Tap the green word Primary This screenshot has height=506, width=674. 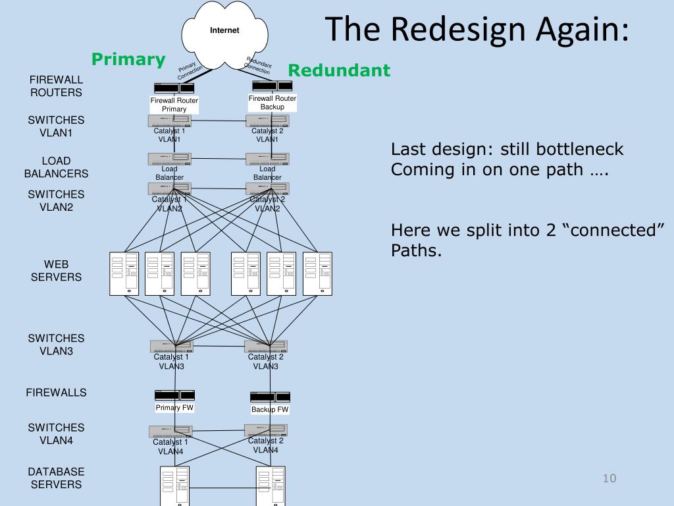click(x=128, y=59)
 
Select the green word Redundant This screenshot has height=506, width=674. click(x=339, y=70)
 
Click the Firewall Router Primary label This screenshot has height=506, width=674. click(x=174, y=105)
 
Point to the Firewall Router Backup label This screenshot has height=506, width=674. click(x=272, y=102)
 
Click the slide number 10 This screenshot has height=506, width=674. click(x=609, y=478)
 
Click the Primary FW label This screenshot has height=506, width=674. click(x=174, y=407)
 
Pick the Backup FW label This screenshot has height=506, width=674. click(x=270, y=409)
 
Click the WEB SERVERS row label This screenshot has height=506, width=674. click(x=57, y=271)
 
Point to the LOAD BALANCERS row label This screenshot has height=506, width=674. click(x=57, y=167)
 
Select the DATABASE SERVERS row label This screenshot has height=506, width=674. click(x=57, y=478)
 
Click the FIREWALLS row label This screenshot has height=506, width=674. click(x=57, y=393)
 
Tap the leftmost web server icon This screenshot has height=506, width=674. click(x=124, y=273)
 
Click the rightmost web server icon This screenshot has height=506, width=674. click(x=317, y=273)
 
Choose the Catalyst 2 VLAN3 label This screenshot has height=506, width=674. click(x=266, y=362)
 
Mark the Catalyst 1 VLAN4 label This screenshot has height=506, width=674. click(x=170, y=447)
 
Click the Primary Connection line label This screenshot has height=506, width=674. click(x=192, y=70)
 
